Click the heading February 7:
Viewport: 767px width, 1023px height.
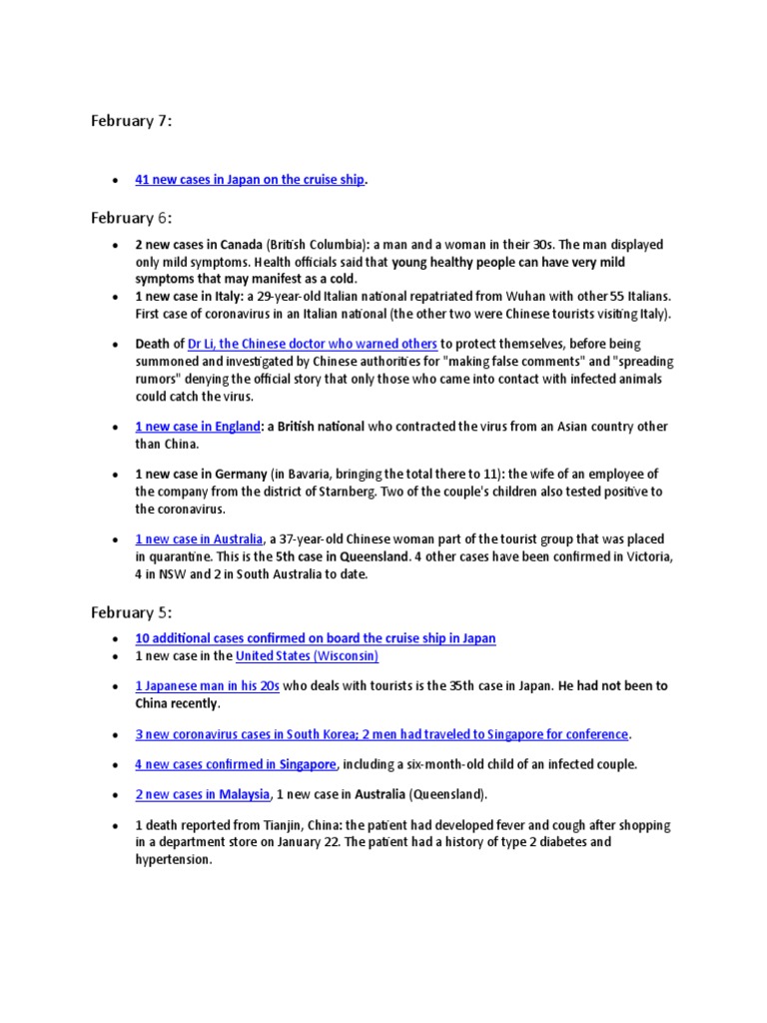[131, 122]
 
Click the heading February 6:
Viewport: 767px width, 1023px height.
[131, 218]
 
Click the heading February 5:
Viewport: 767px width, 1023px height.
[131, 612]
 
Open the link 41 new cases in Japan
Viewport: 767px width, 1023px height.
[250, 180]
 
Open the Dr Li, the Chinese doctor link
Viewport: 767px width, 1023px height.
[312, 344]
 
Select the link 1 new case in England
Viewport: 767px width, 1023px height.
[197, 427]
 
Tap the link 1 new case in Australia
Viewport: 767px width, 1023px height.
[200, 539]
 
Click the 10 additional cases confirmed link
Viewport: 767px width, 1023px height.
[316, 638]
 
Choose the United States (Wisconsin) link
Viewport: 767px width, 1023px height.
[307, 656]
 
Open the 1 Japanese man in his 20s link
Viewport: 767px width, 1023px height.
[208, 686]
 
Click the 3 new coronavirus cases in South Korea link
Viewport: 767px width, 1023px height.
[382, 734]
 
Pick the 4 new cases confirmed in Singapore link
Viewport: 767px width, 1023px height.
[236, 764]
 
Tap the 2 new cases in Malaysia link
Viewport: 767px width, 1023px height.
[203, 794]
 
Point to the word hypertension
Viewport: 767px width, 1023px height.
[173, 859]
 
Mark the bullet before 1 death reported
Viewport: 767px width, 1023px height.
[116, 827]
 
